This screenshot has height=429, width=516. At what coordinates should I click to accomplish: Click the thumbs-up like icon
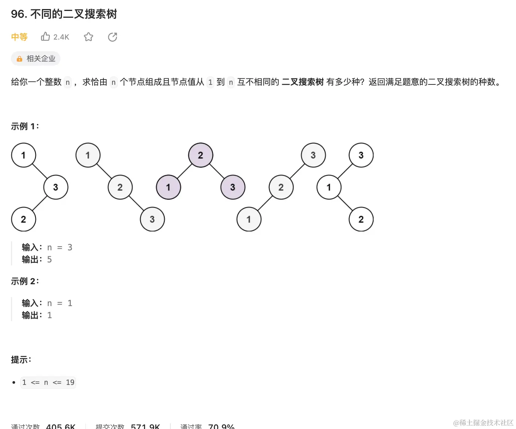pyautogui.click(x=45, y=37)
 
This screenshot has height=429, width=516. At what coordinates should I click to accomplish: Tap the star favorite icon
pyautogui.click(x=88, y=37)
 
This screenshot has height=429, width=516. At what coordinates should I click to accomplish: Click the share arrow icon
pyautogui.click(x=113, y=37)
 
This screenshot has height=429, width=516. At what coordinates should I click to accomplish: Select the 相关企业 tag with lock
pyautogui.click(x=36, y=58)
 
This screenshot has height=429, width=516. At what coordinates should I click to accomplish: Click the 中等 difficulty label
pyautogui.click(x=19, y=37)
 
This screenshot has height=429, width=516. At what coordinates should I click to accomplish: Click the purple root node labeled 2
pyautogui.click(x=201, y=155)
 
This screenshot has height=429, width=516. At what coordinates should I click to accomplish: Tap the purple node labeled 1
pyautogui.click(x=168, y=187)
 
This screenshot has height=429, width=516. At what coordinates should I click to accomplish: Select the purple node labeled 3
pyautogui.click(x=233, y=187)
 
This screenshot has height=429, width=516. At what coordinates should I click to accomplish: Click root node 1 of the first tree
pyautogui.click(x=23, y=155)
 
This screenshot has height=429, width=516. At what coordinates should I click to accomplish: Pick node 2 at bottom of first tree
pyautogui.click(x=23, y=219)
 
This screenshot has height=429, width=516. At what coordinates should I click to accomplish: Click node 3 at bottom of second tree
pyautogui.click(x=152, y=219)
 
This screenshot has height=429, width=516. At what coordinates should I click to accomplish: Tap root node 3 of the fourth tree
pyautogui.click(x=313, y=155)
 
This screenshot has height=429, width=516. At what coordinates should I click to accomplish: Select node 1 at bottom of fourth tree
pyautogui.click(x=249, y=219)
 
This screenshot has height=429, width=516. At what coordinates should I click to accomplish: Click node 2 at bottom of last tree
pyautogui.click(x=361, y=219)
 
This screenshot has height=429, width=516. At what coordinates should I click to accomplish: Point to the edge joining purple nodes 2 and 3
pyautogui.click(x=217, y=171)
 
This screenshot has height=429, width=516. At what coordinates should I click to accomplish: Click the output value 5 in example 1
pyautogui.click(x=49, y=259)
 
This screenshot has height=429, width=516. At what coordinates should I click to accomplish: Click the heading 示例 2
pyautogui.click(x=25, y=281)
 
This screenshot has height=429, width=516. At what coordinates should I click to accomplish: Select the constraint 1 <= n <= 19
pyautogui.click(x=48, y=382)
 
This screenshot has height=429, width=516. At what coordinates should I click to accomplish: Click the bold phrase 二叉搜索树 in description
pyautogui.click(x=303, y=82)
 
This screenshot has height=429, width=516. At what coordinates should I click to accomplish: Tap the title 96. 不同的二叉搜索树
pyautogui.click(x=64, y=14)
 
